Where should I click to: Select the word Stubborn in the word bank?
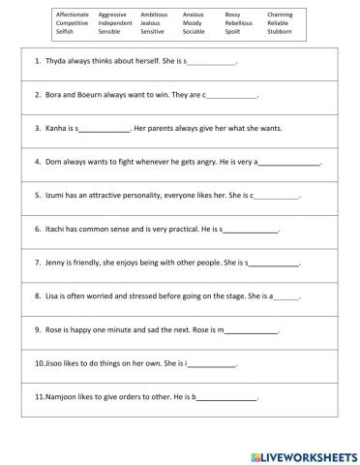pos(279,32)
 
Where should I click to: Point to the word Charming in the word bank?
pos(281,15)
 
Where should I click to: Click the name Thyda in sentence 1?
pos(56,62)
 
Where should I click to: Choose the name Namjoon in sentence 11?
pos(64,397)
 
